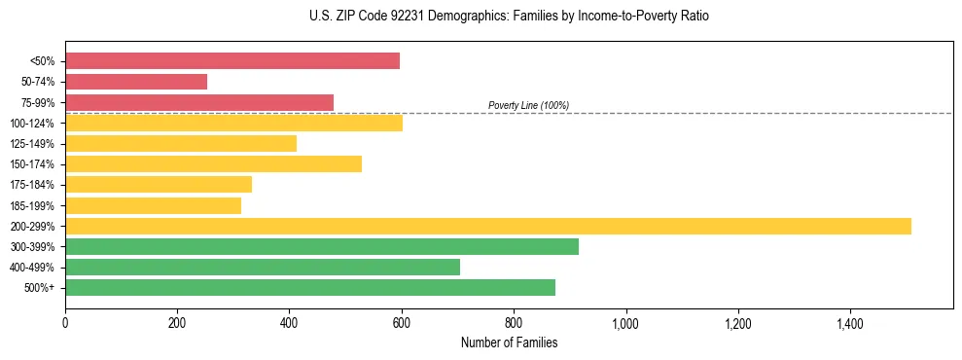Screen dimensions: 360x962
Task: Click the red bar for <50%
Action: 232,61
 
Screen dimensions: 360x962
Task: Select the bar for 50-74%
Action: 136,82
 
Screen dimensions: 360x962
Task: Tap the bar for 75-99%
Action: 199,102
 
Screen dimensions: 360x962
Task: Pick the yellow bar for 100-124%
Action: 233,123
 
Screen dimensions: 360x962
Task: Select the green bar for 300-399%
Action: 322,246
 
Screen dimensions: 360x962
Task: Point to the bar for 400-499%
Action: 263,267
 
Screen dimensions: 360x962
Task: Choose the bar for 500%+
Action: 310,287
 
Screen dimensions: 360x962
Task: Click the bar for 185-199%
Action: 153,205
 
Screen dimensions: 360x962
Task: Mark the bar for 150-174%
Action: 213,163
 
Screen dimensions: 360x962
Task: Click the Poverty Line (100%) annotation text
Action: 528,105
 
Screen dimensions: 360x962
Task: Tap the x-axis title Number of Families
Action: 509,342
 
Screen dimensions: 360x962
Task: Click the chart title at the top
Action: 509,17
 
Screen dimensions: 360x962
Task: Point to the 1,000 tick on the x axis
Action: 625,321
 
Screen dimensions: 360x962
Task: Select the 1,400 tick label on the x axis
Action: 849,321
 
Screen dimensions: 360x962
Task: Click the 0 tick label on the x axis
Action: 65,321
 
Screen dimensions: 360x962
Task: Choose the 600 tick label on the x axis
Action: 402,321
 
